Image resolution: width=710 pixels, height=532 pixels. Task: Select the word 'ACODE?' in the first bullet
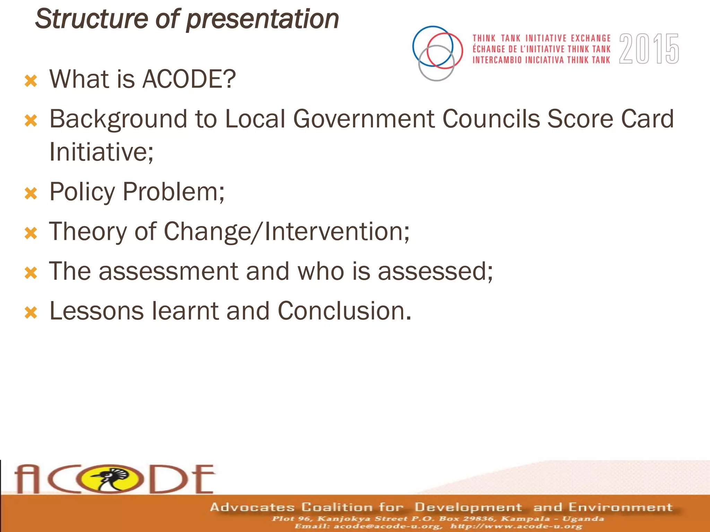click(189, 79)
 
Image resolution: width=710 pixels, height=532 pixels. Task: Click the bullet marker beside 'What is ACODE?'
click(31, 81)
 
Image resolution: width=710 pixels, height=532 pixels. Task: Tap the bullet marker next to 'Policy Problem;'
click(31, 194)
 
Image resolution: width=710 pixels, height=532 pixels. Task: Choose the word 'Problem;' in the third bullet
click(174, 192)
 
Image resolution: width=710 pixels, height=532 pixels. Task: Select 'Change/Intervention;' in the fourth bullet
click(286, 231)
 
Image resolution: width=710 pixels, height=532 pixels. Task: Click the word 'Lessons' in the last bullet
click(96, 311)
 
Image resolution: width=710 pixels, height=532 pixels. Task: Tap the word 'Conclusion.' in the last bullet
click(344, 311)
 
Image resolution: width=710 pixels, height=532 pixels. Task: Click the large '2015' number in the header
click(649, 49)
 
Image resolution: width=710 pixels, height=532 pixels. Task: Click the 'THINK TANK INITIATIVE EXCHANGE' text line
click(542, 38)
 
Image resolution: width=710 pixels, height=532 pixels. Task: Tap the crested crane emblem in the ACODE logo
click(112, 479)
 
